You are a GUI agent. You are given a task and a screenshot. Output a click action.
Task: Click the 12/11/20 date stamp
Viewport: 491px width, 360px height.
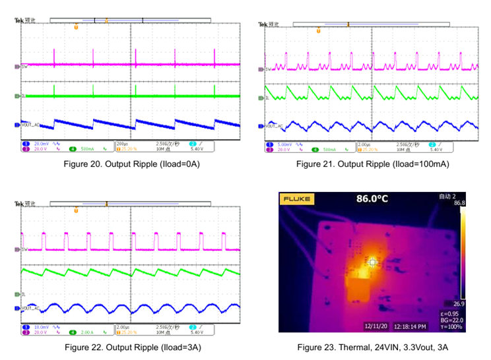tap(376, 326)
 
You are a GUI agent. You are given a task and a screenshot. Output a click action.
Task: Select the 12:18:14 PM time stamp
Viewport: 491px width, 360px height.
tap(410, 326)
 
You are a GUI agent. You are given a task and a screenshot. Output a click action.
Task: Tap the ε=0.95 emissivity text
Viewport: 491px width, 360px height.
tap(451, 313)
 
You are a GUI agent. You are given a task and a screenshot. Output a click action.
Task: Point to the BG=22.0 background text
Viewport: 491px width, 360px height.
tap(451, 320)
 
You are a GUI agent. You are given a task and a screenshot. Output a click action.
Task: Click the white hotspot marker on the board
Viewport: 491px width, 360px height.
tap(374, 262)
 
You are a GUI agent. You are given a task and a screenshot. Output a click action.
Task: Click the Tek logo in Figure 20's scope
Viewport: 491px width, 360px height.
tap(19, 20)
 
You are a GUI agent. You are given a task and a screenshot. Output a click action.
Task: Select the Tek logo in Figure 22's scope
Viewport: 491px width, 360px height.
tap(19, 204)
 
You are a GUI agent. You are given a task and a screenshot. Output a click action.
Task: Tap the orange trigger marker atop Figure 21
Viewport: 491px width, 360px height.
tap(318, 30)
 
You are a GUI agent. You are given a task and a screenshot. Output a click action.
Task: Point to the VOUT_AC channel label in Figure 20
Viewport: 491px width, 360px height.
tap(30, 124)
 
